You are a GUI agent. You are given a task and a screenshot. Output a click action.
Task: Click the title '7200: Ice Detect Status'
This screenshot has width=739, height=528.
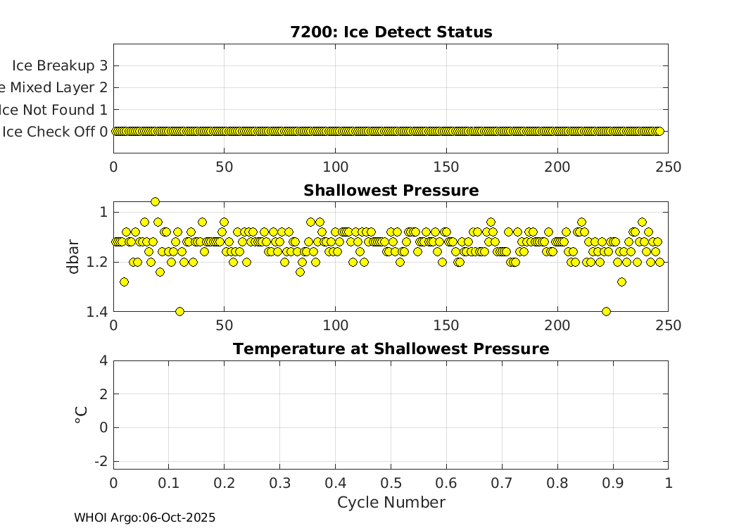(391, 32)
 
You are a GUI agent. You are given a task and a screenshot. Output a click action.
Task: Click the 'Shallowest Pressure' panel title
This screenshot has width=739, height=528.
(391, 191)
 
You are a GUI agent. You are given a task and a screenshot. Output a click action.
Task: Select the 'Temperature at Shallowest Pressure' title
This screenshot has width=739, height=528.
(391, 349)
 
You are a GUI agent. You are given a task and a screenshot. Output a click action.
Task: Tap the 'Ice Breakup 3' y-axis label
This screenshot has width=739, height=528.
(60, 65)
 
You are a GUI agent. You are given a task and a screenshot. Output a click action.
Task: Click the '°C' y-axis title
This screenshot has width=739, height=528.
(81, 415)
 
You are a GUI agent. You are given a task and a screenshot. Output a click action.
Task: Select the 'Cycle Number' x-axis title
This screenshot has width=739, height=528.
(391, 503)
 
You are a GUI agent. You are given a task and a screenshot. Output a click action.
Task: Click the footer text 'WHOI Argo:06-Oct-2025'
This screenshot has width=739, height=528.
(145, 518)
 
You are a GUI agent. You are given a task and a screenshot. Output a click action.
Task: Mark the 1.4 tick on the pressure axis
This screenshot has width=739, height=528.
(96, 312)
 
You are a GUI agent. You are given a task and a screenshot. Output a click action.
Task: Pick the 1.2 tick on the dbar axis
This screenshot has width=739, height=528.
(96, 262)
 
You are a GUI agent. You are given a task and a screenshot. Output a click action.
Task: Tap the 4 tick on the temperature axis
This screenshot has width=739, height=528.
(103, 360)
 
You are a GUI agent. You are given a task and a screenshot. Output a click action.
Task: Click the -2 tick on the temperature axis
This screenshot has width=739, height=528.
(101, 461)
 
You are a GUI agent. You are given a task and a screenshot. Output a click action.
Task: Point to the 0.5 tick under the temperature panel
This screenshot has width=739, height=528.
(391, 483)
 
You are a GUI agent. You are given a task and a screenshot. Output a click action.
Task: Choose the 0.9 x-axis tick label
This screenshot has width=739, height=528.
(612, 483)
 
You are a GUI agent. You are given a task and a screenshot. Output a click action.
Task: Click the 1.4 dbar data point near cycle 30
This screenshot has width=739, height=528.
(179, 311)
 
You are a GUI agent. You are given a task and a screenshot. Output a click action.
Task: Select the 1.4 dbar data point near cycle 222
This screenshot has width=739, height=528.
(606, 311)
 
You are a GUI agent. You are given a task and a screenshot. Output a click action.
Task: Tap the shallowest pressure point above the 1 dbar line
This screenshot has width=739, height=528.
(155, 201)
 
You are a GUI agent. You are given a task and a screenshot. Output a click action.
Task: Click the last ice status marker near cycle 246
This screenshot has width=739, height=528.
(659, 131)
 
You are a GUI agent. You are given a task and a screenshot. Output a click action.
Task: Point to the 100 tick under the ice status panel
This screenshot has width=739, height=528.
(335, 167)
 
